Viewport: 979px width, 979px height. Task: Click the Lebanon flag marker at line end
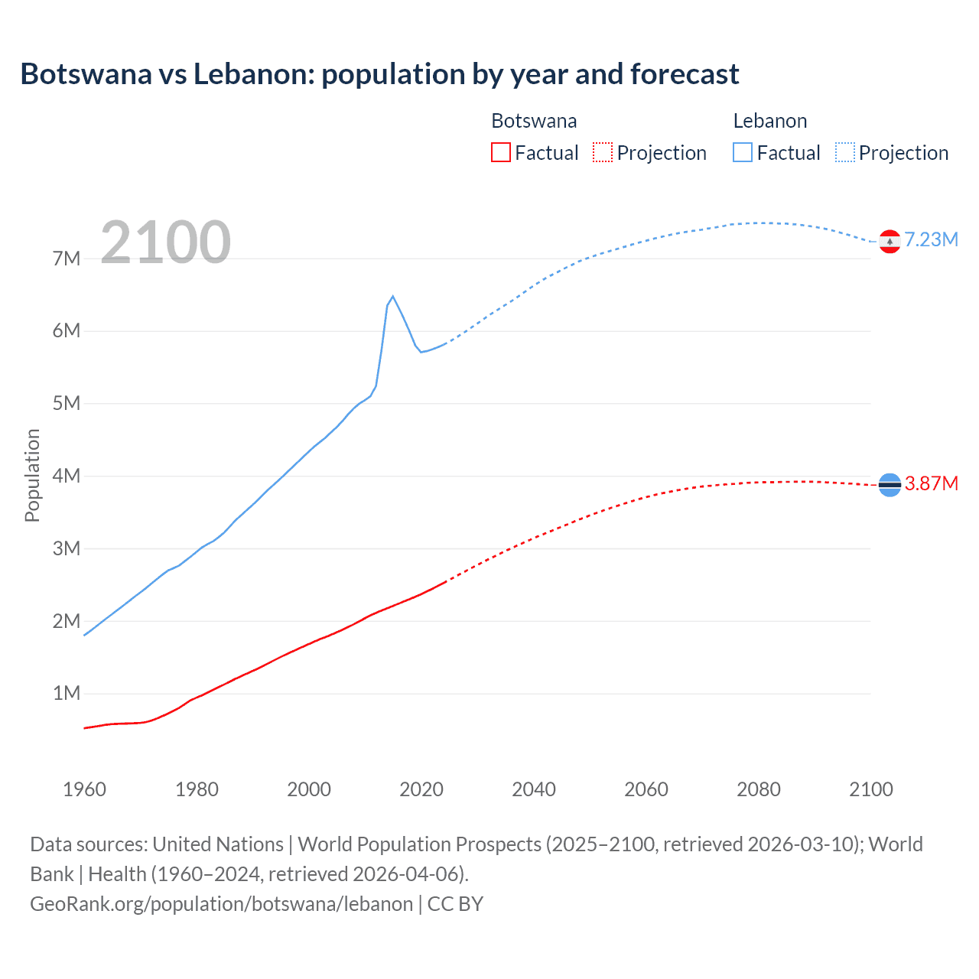coord(890,242)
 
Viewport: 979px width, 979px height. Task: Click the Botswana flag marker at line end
coord(890,484)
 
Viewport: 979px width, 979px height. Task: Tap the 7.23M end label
coord(931,240)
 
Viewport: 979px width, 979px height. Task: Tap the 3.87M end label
coord(931,483)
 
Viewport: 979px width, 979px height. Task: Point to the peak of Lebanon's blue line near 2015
coord(392,297)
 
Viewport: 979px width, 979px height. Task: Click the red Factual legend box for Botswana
coord(500,152)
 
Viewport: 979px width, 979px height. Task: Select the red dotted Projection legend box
coord(603,152)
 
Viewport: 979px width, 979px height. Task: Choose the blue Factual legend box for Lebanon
coord(742,152)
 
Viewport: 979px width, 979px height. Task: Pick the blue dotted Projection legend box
coord(844,152)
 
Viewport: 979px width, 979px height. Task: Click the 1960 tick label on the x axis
coord(84,789)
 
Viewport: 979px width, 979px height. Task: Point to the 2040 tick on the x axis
coord(534,789)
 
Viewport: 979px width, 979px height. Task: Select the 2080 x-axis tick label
coord(759,789)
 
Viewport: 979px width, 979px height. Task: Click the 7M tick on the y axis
coord(67,259)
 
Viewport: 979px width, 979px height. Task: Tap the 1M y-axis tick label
coord(67,694)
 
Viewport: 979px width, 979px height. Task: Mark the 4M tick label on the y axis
coord(67,476)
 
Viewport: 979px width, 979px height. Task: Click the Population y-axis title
coord(32,475)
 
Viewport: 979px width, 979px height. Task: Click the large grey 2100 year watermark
coord(165,242)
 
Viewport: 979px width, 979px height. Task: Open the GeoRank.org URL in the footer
coord(221,904)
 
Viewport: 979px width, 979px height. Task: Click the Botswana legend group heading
coord(534,121)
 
